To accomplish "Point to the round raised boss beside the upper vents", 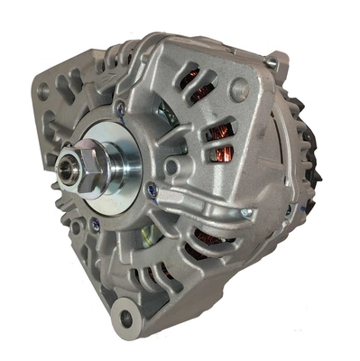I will click(x=238, y=88).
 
